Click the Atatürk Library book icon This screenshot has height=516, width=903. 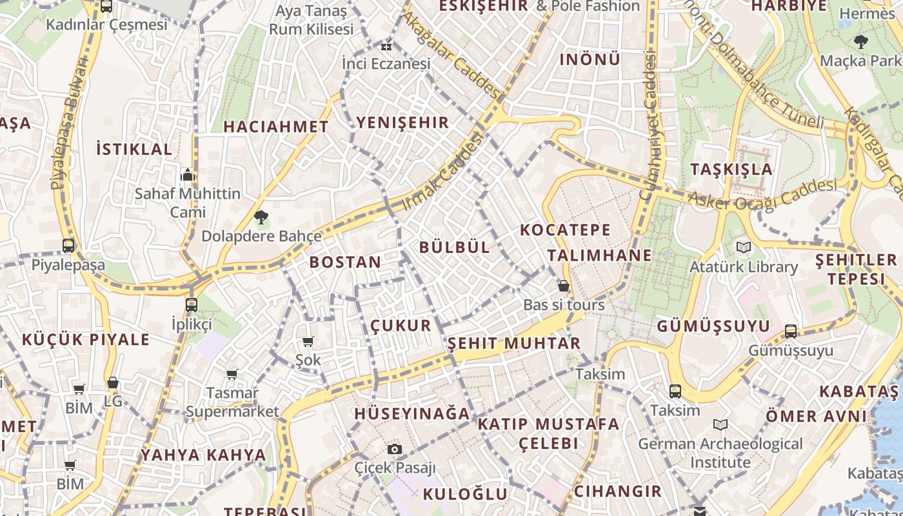click(744, 247)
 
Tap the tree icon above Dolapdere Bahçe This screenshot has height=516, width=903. click(261, 217)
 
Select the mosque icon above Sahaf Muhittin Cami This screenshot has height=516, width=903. click(188, 174)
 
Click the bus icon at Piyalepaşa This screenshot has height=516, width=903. click(68, 245)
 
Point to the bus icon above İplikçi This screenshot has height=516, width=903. click(191, 304)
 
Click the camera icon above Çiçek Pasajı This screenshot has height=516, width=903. click(395, 448)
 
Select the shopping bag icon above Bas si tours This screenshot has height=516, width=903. click(564, 286)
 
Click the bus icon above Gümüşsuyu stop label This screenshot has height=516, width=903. click(791, 332)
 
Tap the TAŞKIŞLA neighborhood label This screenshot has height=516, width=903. click(731, 169)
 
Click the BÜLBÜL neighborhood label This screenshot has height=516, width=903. click(455, 247)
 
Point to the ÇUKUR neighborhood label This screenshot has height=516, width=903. click(401, 325)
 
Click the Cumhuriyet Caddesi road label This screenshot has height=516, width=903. click(649, 126)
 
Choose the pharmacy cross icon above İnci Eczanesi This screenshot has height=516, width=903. click(386, 46)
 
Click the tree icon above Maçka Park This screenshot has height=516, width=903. click(860, 42)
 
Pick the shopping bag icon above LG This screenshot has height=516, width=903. click(113, 382)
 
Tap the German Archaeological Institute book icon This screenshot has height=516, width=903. click(720, 424)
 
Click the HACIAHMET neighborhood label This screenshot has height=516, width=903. click(276, 126)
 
